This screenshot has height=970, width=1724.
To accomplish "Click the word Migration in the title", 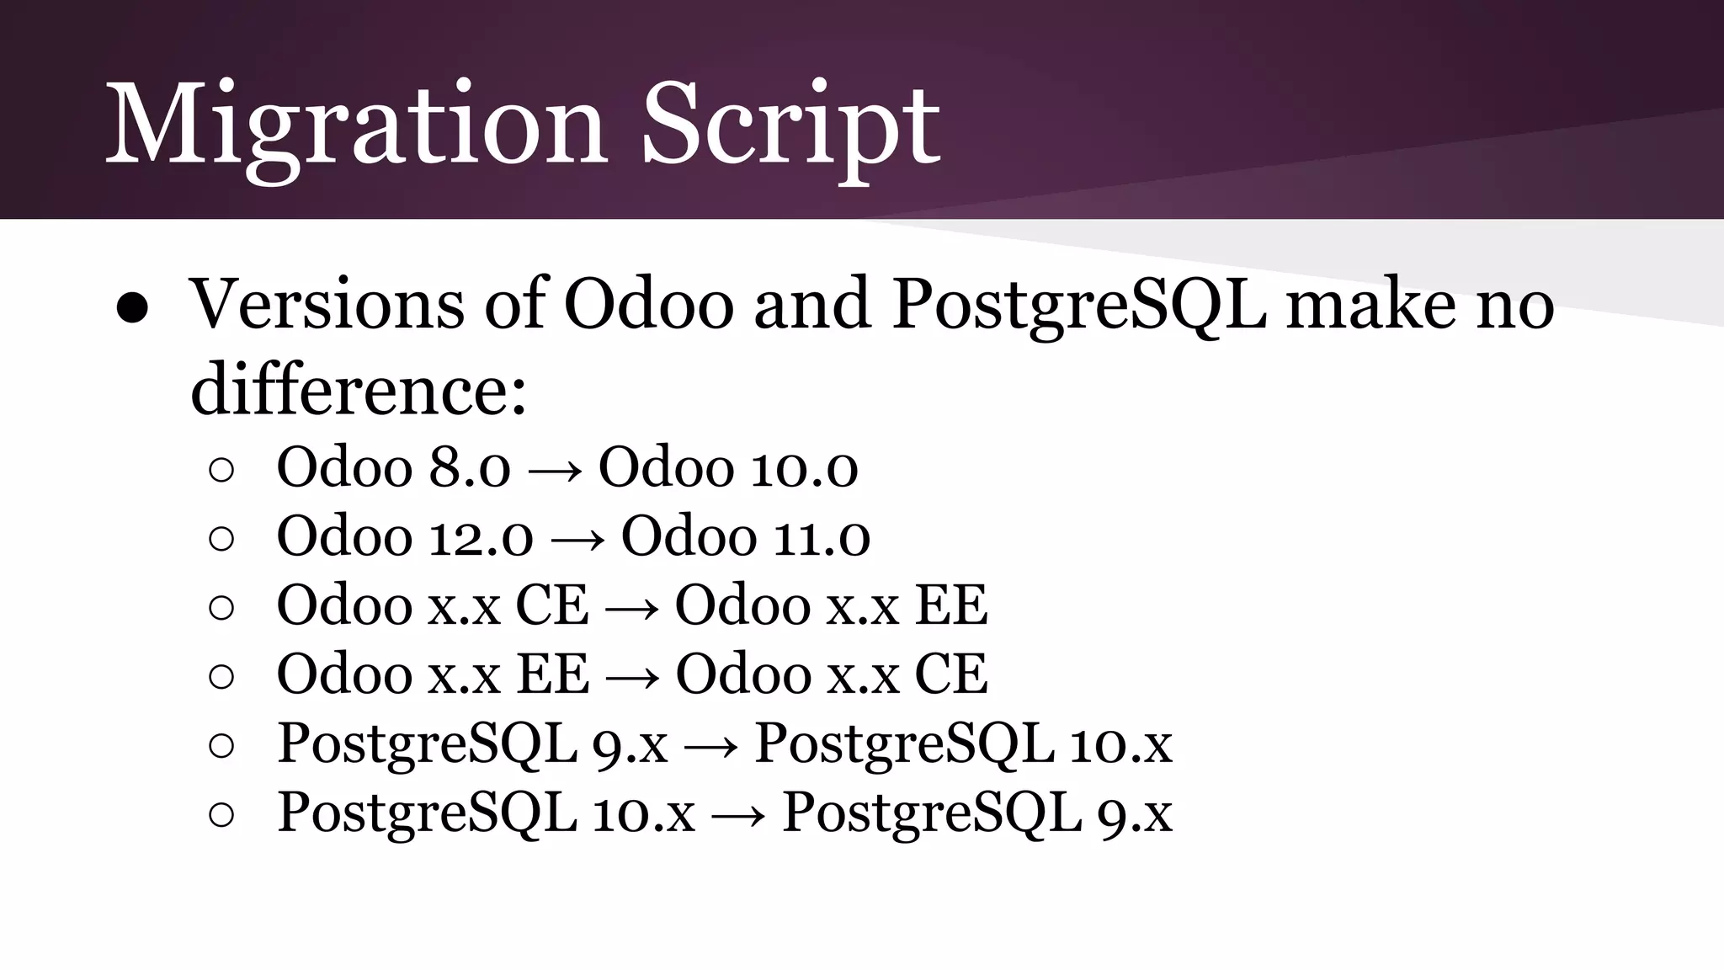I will click(x=354, y=126).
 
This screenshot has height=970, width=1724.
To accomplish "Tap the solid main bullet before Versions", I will click(x=133, y=309).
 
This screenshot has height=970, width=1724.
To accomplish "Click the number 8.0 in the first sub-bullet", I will click(x=469, y=467).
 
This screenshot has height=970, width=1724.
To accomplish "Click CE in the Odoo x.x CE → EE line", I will click(x=551, y=605).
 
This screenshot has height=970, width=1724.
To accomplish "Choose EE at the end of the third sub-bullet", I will click(x=950, y=605).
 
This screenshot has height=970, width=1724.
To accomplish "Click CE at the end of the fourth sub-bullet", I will click(x=950, y=674).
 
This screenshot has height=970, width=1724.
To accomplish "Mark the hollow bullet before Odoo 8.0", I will click(x=221, y=470).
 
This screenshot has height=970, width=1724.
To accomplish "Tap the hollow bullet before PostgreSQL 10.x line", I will click(x=221, y=815).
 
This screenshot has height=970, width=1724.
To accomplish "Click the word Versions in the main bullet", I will click(x=327, y=305).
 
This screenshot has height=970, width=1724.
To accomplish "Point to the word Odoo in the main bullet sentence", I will click(x=648, y=305).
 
